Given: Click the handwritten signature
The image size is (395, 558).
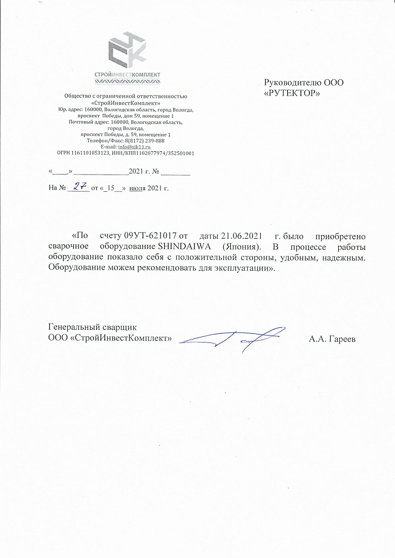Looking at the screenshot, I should point(233,337).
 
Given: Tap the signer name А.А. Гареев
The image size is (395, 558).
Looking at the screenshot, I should point(332,339).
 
